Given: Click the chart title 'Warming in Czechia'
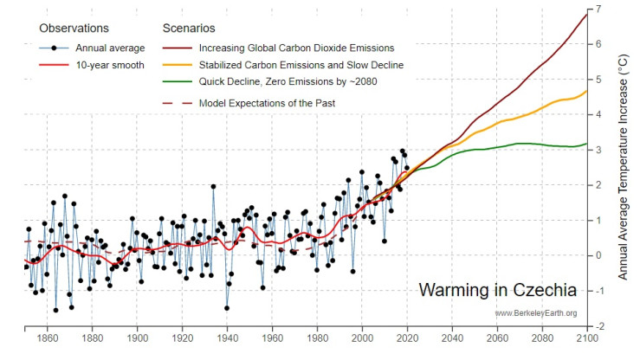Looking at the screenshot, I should coord(498,288).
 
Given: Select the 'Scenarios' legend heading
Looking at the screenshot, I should coord(189,28).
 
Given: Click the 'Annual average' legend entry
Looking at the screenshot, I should coord(111,48).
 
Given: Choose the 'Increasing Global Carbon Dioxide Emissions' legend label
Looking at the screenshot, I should coord(297,48).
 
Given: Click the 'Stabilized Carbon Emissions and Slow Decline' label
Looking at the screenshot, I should coord(301,66).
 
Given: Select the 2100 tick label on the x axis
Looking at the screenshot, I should coord(588,338).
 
